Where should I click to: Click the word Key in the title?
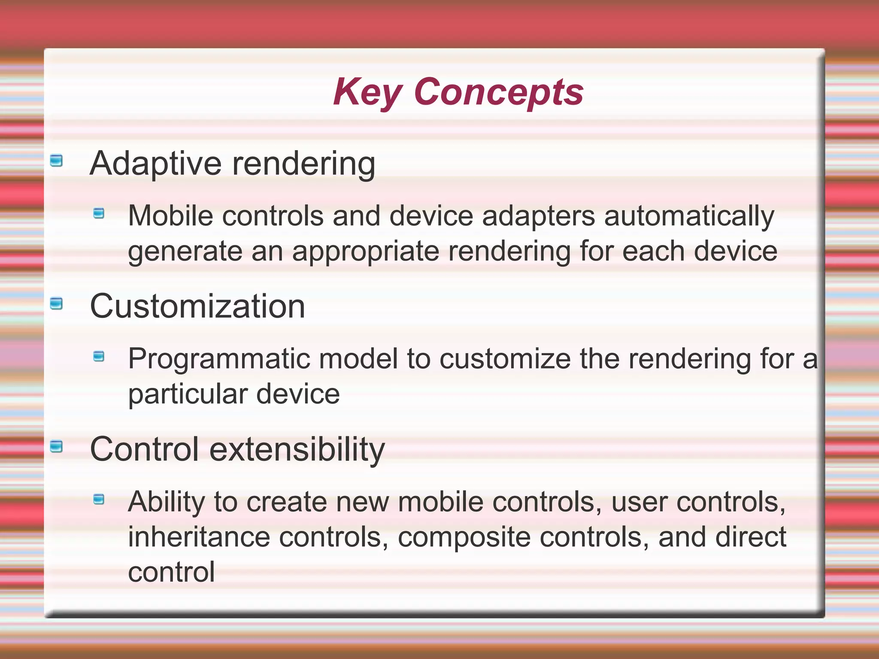(367, 92)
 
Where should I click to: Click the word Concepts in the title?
(498, 92)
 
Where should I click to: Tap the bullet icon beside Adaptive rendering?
(56, 161)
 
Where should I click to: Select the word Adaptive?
(155, 164)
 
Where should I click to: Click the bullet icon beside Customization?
(56, 304)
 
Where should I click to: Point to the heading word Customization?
(197, 306)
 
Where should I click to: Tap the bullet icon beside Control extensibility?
(56, 447)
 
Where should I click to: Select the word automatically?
(689, 216)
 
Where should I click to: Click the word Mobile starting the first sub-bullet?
(170, 215)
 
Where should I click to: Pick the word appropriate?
(366, 252)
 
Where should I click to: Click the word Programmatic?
(219, 360)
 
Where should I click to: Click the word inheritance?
(199, 537)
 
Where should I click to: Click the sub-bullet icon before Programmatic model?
(99, 356)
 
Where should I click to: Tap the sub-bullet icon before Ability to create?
(99, 499)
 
